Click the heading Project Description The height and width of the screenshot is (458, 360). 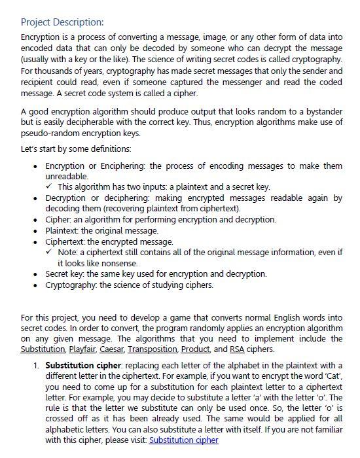point(63,22)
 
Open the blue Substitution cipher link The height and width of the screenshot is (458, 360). point(183,440)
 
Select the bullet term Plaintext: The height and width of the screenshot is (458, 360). point(65,230)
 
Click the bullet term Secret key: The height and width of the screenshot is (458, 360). point(68,273)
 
